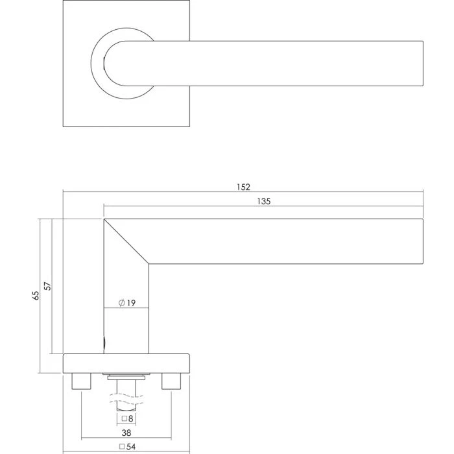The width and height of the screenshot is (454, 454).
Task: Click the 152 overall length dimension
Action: point(243,187)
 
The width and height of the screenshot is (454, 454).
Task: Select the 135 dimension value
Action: point(263,202)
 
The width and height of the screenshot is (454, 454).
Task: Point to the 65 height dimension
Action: point(36,295)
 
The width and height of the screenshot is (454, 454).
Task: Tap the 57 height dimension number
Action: point(47,285)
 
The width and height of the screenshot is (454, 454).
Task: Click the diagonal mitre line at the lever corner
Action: point(126,241)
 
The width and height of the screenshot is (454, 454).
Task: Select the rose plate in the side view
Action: point(126,363)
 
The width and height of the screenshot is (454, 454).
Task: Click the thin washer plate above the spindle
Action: point(126,376)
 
